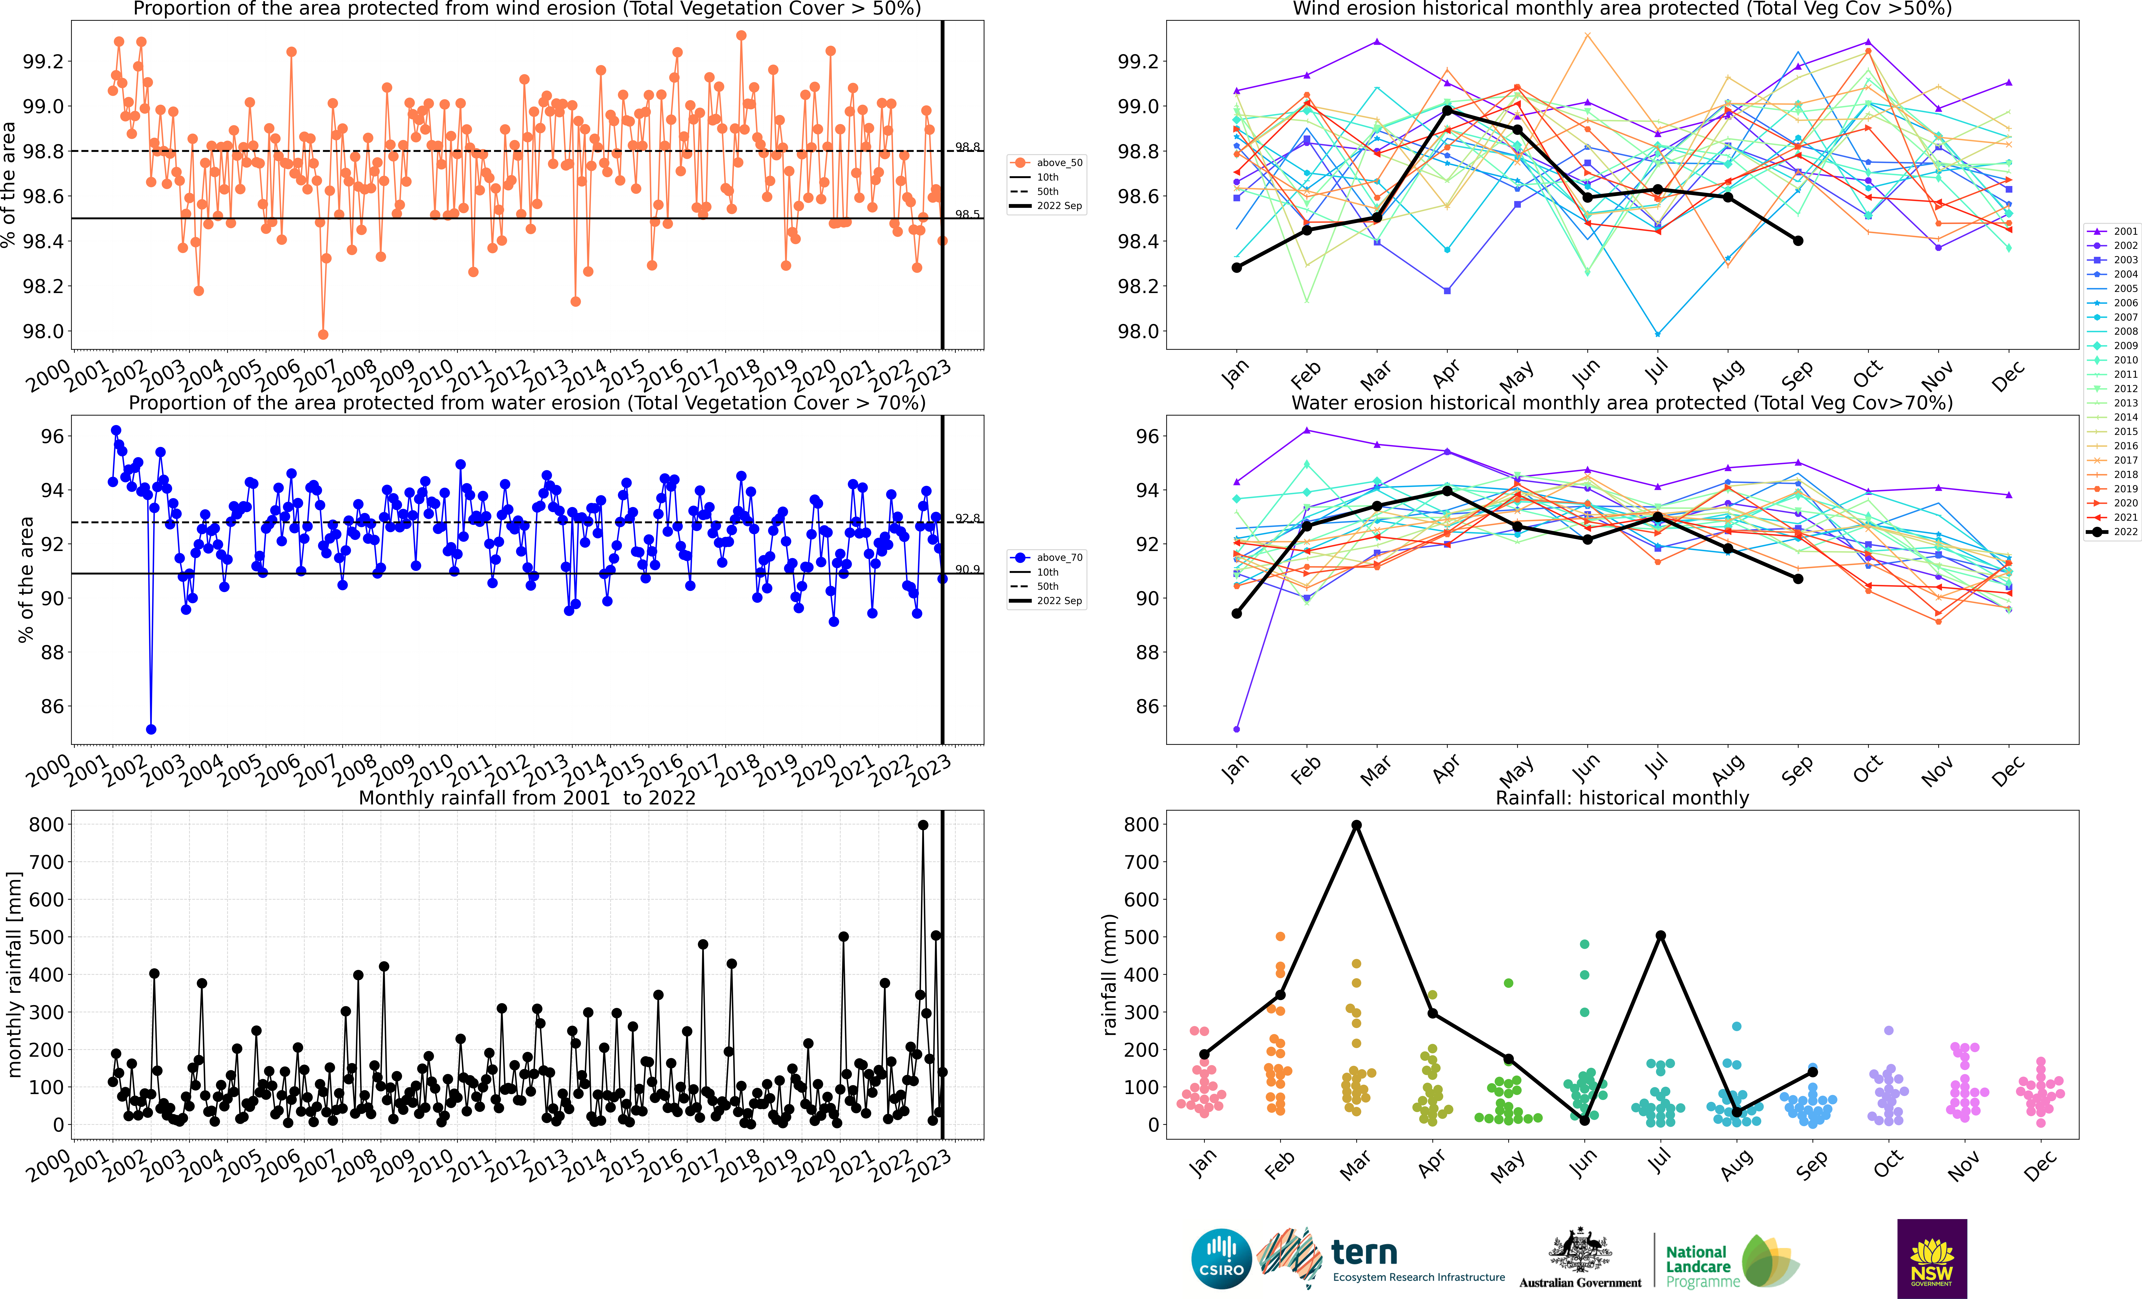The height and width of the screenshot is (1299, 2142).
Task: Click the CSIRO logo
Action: click(x=1221, y=1258)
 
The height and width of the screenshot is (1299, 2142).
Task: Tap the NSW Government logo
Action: click(x=1932, y=1258)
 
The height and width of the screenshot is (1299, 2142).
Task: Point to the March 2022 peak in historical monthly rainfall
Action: click(x=1356, y=824)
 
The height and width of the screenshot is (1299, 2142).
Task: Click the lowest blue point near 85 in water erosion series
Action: click(x=151, y=729)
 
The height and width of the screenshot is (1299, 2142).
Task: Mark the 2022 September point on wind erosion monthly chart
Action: click(x=1798, y=241)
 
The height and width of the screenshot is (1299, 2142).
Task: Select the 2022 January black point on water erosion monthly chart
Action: click(x=1236, y=613)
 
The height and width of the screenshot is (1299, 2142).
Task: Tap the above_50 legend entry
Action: click(x=1047, y=163)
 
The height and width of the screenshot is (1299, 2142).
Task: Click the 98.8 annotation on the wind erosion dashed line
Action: click(x=968, y=147)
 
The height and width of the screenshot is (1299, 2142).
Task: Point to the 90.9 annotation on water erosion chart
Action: click(x=968, y=569)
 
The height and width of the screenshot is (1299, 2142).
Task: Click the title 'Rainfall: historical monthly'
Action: click(x=1622, y=798)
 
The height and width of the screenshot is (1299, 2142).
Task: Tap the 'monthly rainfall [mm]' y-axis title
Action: click(x=14, y=975)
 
